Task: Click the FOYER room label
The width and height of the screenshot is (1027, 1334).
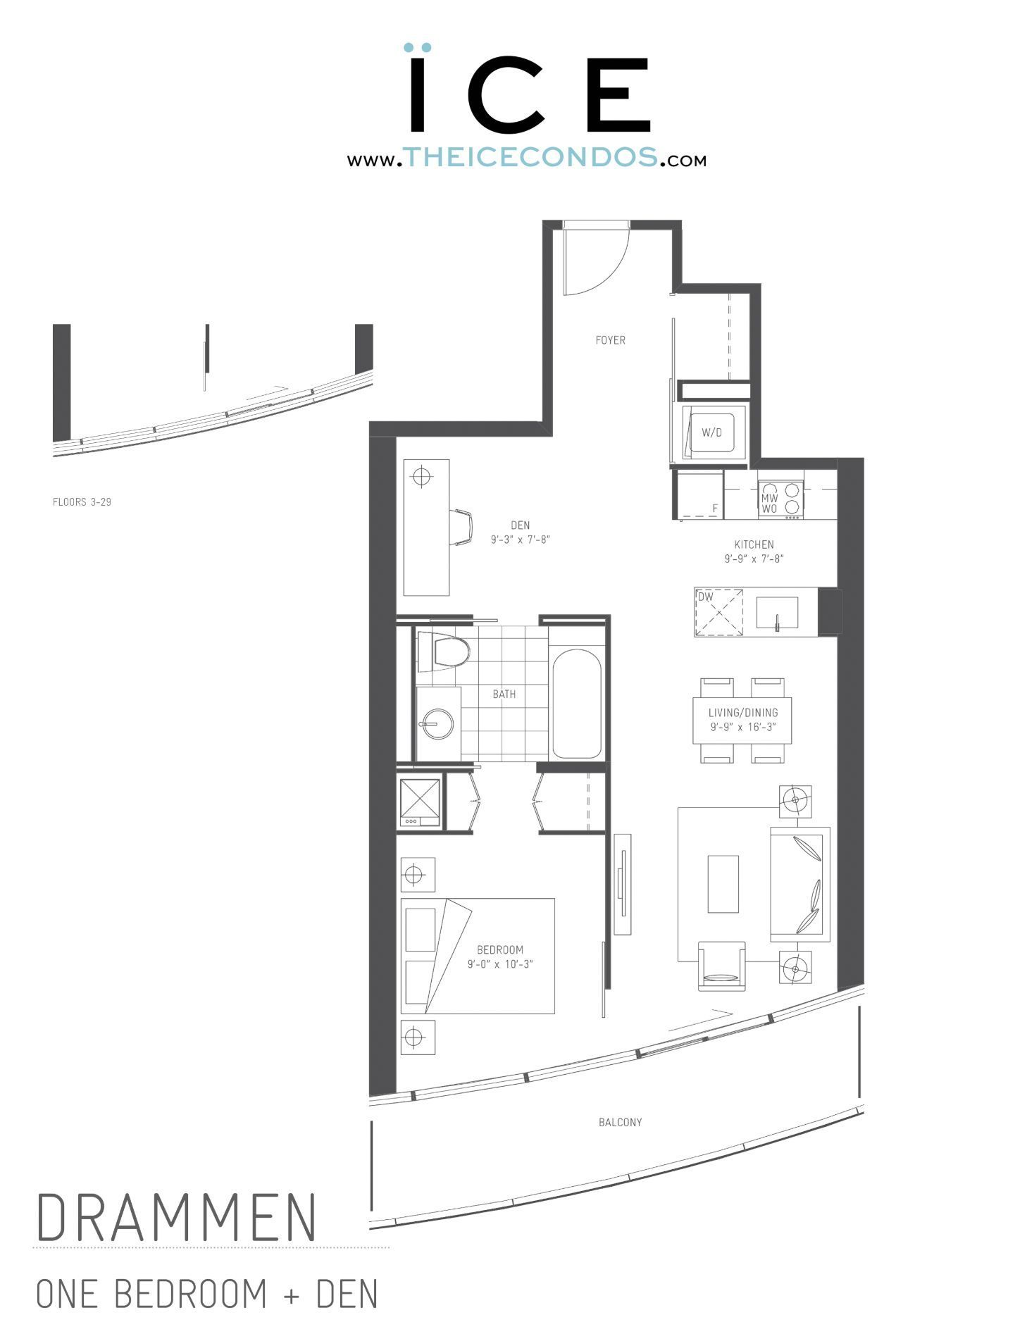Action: click(610, 340)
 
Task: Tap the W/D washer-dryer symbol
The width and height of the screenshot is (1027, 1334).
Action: click(711, 432)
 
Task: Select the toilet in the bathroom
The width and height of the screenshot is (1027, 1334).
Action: click(444, 652)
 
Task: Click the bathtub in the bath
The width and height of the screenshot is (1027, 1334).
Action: click(576, 704)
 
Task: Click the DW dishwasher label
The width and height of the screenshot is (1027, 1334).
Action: click(705, 597)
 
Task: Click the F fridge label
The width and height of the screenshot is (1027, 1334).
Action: click(715, 508)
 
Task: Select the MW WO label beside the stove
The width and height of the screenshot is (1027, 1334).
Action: click(769, 503)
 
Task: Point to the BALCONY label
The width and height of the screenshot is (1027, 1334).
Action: click(620, 1122)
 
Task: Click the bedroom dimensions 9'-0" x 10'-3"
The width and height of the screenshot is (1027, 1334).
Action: click(500, 964)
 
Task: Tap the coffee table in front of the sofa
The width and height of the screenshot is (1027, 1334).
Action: click(723, 884)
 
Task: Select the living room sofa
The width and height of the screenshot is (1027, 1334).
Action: click(799, 885)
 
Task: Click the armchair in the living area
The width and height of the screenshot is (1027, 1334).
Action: click(721, 966)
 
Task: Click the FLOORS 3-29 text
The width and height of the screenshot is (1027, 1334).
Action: click(82, 502)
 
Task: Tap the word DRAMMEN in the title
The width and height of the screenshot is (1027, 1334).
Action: click(176, 1217)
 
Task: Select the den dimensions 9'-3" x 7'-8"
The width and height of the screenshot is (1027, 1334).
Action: click(520, 540)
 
